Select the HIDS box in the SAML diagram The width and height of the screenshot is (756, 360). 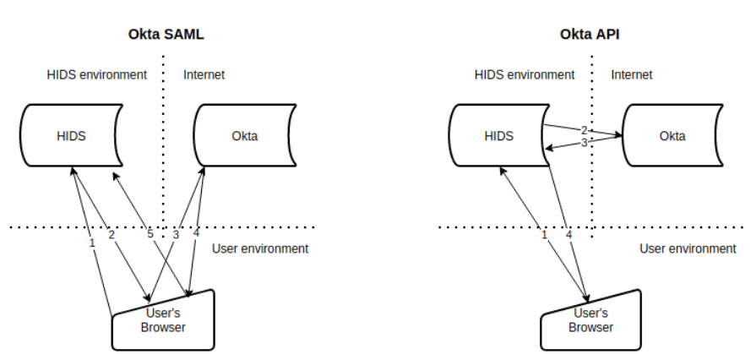pyautogui.click(x=71, y=136)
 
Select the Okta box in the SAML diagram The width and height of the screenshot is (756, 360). pyautogui.click(x=245, y=136)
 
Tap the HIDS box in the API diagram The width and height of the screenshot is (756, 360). pyautogui.click(x=498, y=136)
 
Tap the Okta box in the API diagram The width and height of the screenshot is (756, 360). pyautogui.click(x=672, y=136)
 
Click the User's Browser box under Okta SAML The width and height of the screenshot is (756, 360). pyautogui.click(x=165, y=319)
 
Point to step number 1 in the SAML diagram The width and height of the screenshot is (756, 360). pyautogui.click(x=92, y=243)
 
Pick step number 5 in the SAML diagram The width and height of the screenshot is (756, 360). pyautogui.click(x=150, y=233)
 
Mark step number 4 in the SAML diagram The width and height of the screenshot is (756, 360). pyautogui.click(x=196, y=233)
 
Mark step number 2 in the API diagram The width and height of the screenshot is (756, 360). pyautogui.click(x=584, y=131)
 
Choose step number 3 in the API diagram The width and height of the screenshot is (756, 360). pyautogui.click(x=584, y=143)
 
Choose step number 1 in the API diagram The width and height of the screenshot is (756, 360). pyautogui.click(x=545, y=233)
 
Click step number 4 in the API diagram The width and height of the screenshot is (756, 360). pyautogui.click(x=568, y=233)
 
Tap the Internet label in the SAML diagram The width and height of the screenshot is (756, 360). pyautogui.click(x=204, y=75)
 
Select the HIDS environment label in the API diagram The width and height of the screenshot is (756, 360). pyautogui.click(x=525, y=74)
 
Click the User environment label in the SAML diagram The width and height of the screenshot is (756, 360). pyautogui.click(x=260, y=248)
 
